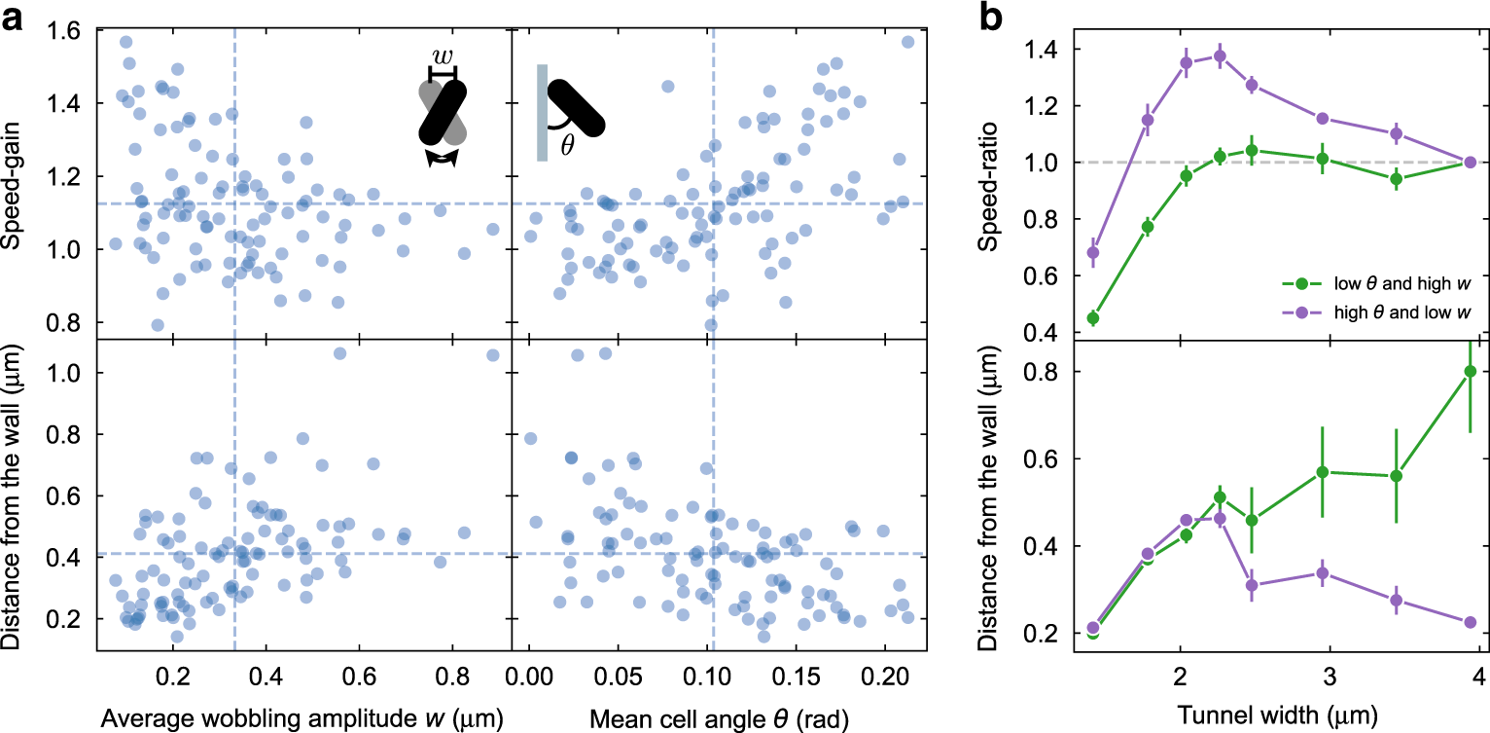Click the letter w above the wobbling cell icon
pos(443,56)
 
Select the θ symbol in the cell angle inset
pos(567,144)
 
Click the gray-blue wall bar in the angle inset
pos(541,112)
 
